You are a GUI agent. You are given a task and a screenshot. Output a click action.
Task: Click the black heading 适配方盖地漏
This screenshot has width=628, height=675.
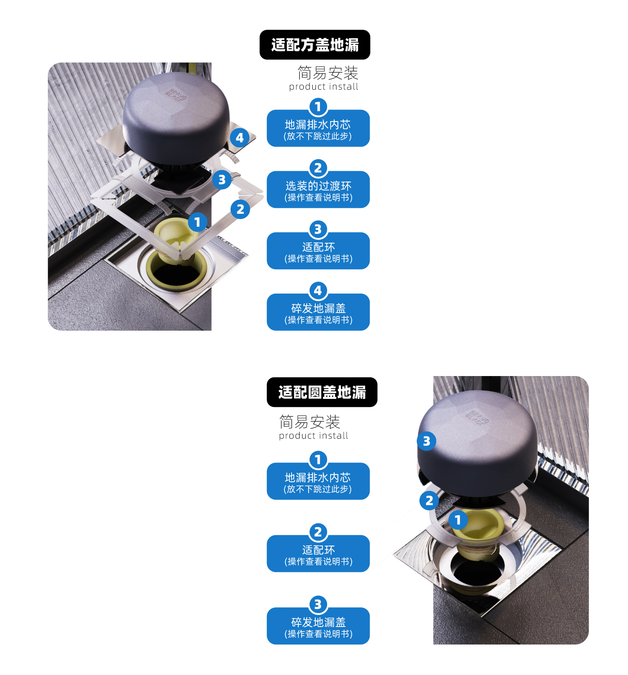point(315,45)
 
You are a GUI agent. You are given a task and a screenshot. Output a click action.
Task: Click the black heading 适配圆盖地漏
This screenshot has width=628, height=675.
point(322,392)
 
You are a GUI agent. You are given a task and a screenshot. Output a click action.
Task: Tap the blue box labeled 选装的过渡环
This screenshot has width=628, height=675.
point(318,190)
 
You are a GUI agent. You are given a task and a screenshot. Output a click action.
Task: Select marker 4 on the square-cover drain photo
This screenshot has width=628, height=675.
point(240,138)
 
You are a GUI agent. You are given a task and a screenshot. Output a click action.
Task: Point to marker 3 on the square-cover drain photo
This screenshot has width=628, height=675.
point(222,180)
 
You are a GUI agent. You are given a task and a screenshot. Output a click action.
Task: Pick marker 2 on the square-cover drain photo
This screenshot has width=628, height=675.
point(240,209)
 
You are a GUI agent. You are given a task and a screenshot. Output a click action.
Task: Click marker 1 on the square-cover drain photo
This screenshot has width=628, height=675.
point(197,222)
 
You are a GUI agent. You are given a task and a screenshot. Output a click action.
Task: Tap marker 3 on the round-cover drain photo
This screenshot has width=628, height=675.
point(427,441)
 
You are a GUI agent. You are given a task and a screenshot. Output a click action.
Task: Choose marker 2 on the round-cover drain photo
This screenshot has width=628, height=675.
point(429,500)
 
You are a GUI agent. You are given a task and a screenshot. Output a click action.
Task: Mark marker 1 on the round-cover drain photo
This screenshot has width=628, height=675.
point(458,520)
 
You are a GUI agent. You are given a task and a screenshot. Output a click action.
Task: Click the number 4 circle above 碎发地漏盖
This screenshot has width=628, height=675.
point(318,290)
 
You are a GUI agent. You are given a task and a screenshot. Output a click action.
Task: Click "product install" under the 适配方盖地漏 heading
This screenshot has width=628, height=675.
point(323,87)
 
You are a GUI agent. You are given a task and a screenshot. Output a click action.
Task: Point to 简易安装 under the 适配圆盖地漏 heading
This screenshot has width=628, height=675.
point(310,422)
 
